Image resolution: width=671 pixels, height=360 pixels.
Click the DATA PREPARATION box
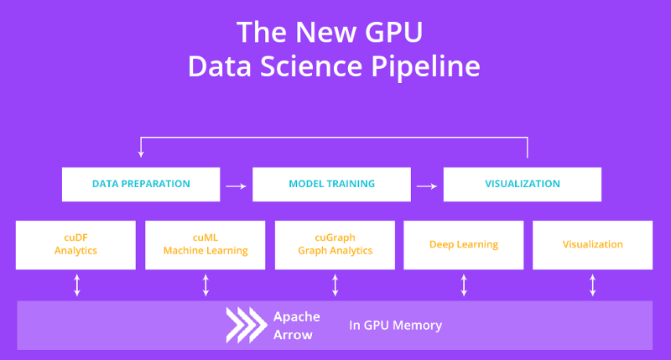pos(141,184)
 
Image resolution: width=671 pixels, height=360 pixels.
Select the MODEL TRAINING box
pos(331,184)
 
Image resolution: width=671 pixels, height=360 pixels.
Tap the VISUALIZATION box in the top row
pos(522,184)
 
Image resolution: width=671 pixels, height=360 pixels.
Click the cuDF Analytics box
pos(75,245)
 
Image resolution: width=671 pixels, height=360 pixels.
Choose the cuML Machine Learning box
pos(205,245)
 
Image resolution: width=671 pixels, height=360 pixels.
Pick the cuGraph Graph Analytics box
pos(335,245)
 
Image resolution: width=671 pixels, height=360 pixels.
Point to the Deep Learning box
pos(464,245)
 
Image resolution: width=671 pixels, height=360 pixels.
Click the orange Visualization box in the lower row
pos(592,245)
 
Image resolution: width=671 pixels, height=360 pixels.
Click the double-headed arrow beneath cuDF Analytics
pos(77,285)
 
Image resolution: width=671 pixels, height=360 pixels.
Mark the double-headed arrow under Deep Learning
pos(464,285)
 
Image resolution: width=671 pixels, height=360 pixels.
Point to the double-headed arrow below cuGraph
pos(335,285)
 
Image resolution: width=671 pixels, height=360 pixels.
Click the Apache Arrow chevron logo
pos(244,326)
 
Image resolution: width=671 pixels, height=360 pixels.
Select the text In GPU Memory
pos(395,326)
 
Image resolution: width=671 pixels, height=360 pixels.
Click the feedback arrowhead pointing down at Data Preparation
pos(141,154)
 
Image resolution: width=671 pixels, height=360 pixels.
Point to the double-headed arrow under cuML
pos(205,285)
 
